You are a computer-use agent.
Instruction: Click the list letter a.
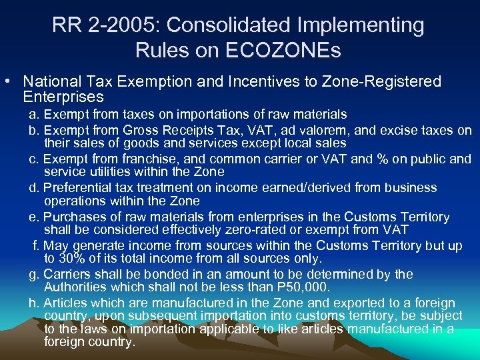click(x=33, y=115)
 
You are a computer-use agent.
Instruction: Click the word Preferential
click(x=77, y=188)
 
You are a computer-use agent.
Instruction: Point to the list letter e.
click(x=33, y=217)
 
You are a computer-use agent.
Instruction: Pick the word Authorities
click(x=72, y=287)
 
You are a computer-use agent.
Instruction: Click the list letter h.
click(x=33, y=303)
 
